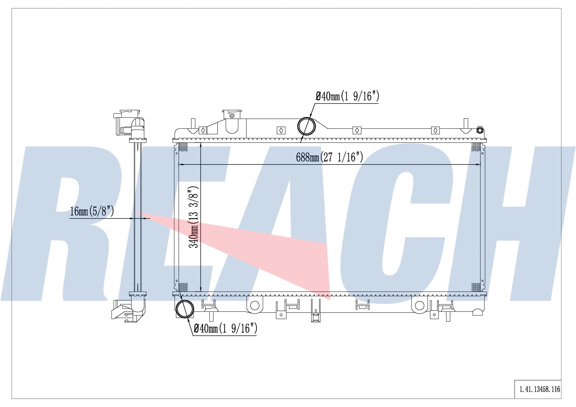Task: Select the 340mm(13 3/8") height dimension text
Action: pyautogui.click(x=193, y=217)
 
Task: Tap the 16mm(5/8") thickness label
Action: pyautogui.click(x=92, y=211)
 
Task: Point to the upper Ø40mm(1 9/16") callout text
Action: pyautogui.click(x=347, y=96)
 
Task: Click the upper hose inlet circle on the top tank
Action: pyautogui.click(x=306, y=126)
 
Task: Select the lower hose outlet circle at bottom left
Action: pyautogui.click(x=185, y=309)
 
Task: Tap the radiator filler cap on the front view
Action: pyautogui.click(x=232, y=114)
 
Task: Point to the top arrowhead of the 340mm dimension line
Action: pyautogui.click(x=201, y=145)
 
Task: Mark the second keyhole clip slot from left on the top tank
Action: pyautogui.click(x=281, y=130)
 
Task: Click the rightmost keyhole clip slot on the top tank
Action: pyautogui.click(x=435, y=130)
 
